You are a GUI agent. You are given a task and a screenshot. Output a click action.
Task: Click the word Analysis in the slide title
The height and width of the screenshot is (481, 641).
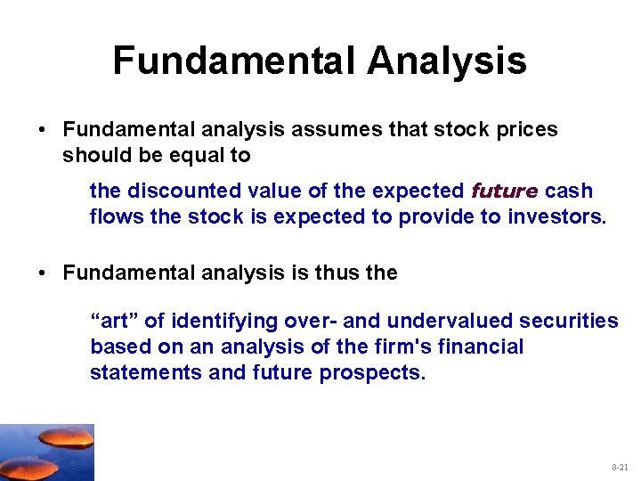click(x=446, y=61)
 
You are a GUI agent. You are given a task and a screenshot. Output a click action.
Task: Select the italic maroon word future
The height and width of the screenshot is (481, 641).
click(x=504, y=191)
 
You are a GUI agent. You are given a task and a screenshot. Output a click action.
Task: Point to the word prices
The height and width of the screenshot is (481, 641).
click(x=525, y=130)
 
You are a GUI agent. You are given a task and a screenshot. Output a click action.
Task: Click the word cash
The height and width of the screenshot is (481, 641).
click(x=569, y=191)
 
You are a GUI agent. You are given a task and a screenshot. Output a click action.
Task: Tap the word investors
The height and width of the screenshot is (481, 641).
click(x=553, y=216)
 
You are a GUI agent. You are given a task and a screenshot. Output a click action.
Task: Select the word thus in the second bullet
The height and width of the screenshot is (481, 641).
click(x=335, y=273)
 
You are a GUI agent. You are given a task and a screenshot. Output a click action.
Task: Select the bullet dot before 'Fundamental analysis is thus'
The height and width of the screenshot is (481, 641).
click(x=43, y=273)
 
